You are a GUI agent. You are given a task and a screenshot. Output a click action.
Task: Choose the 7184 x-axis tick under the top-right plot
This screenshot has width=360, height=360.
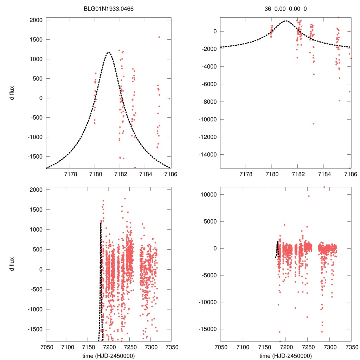[324, 174]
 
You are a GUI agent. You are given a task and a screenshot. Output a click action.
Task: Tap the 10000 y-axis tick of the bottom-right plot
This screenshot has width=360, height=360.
[210, 194]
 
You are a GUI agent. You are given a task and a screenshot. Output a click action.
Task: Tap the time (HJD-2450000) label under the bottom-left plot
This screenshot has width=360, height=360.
[108, 356]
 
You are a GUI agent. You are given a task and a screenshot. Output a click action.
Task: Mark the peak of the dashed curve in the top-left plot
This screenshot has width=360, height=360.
[109, 52]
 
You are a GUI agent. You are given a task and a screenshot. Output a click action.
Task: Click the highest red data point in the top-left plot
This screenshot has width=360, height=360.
[159, 37]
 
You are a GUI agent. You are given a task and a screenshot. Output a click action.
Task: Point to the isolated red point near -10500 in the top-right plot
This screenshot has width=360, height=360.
[314, 123]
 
